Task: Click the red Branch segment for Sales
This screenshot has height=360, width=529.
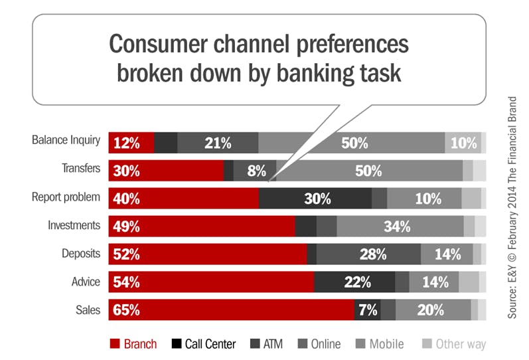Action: (x=231, y=310)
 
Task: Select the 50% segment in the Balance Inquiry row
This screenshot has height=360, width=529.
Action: (x=351, y=142)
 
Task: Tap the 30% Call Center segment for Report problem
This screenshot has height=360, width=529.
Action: (x=315, y=198)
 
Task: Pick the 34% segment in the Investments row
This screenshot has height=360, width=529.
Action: (x=400, y=226)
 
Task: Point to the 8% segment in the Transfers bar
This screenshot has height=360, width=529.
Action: (x=255, y=170)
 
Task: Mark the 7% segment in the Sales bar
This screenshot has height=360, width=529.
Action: (x=367, y=310)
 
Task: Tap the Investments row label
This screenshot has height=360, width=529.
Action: (x=74, y=225)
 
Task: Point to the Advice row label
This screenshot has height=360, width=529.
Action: (x=85, y=282)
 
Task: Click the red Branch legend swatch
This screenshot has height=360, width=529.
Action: (x=114, y=344)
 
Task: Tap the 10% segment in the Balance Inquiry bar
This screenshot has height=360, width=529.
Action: (x=463, y=142)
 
